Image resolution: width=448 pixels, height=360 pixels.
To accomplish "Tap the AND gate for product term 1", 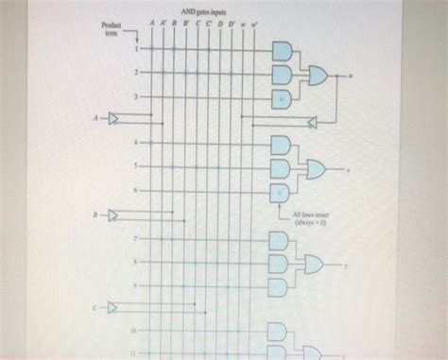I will pos(282,50).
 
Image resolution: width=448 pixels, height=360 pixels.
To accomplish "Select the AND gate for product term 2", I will pos(282,73).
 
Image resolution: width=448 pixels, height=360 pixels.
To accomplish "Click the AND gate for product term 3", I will pos(282,96).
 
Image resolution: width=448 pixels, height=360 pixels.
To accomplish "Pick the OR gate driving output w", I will pos(316,74).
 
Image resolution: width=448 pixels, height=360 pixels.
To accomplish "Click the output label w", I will pos(351,74).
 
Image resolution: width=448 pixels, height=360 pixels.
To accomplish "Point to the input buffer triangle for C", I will pos(114,308).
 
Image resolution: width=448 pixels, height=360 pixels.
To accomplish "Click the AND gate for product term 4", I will pos(282,144).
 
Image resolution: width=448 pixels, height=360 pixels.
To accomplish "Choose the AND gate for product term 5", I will pos(282,168).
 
